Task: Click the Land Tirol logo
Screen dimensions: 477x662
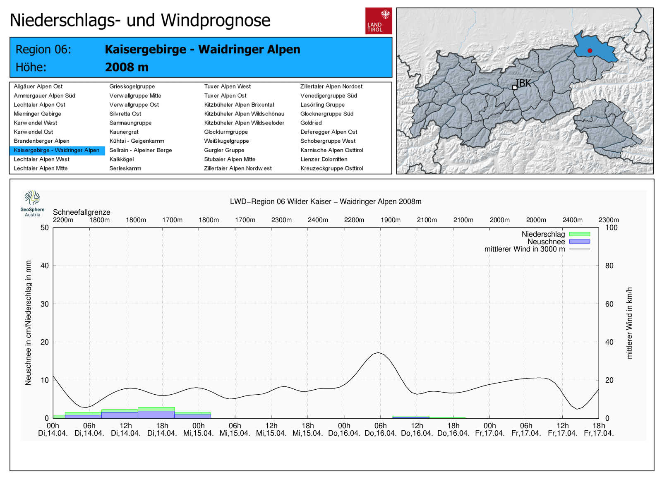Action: coord(378,21)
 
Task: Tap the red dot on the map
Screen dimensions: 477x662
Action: coord(590,50)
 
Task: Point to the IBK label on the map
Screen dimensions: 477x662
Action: coord(523,83)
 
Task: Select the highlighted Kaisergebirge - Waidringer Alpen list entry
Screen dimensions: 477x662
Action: coord(57,150)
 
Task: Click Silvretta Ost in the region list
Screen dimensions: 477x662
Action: coord(125,114)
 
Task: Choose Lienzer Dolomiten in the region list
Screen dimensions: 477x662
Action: coord(324,159)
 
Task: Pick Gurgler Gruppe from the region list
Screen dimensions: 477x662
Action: coord(224,150)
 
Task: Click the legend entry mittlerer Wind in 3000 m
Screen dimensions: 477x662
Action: coord(525,249)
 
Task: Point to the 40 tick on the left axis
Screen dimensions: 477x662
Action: coord(44,266)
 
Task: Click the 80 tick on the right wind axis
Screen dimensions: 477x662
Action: coord(609,266)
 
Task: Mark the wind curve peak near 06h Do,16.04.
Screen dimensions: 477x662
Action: coord(379,353)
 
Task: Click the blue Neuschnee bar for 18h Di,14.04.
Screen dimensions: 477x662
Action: coord(156,414)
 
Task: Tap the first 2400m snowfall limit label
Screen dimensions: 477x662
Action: coord(318,220)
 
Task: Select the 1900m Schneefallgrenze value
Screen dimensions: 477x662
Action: coord(391,220)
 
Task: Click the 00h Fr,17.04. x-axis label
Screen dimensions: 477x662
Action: coord(490,429)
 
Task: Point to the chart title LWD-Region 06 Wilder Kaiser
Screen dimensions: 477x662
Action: coord(326,201)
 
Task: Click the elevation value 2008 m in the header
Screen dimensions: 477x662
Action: coord(127,67)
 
